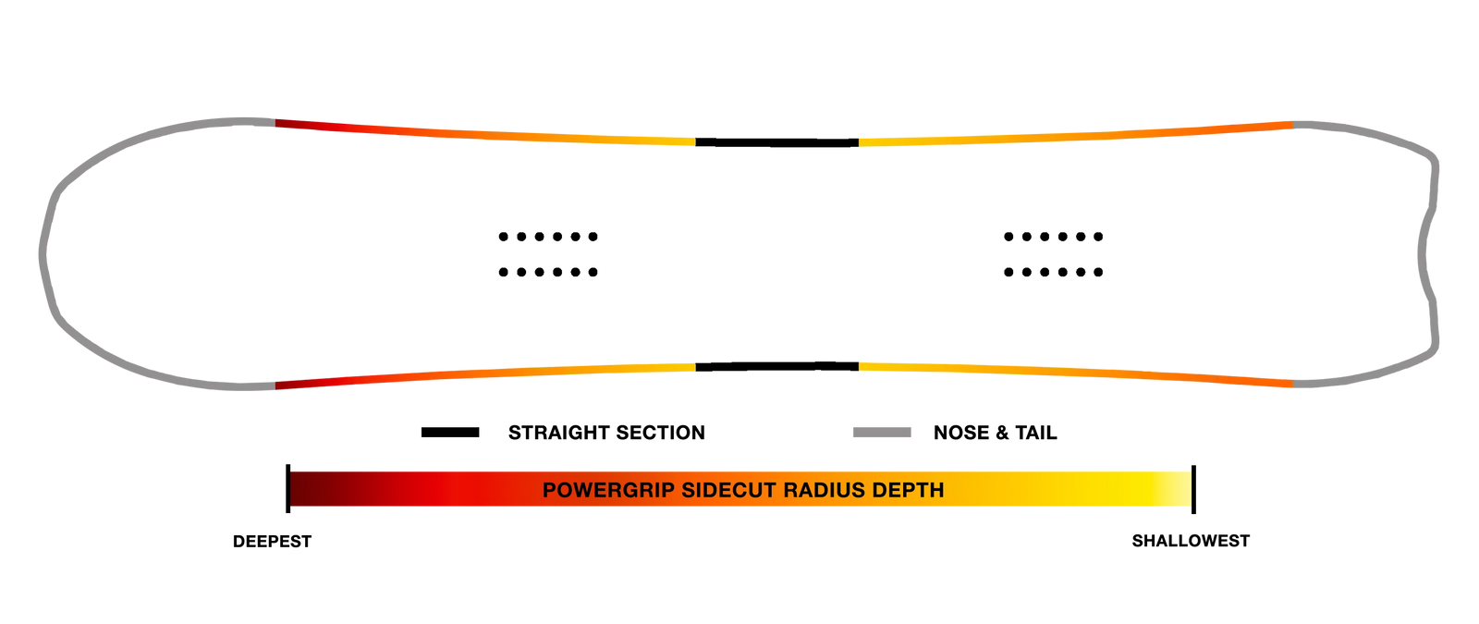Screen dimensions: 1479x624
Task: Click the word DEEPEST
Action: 272,542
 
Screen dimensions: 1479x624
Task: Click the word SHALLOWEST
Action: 1191,541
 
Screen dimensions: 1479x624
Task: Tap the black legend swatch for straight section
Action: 450,433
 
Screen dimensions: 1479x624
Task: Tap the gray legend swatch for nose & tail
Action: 882,433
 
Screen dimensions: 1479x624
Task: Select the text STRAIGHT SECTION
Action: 606,433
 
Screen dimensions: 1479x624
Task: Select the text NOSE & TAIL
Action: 995,433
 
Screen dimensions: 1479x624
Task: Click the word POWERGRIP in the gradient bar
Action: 608,490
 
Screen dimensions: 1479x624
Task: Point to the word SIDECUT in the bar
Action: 727,490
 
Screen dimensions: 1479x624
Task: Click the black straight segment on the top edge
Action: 777,142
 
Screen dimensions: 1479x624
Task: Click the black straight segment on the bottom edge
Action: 777,366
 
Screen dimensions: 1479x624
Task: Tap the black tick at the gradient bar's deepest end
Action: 287,489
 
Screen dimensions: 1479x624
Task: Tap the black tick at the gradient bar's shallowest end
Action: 1193,489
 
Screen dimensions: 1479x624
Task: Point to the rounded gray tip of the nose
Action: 43,254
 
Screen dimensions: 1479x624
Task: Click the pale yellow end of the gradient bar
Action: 1175,489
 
